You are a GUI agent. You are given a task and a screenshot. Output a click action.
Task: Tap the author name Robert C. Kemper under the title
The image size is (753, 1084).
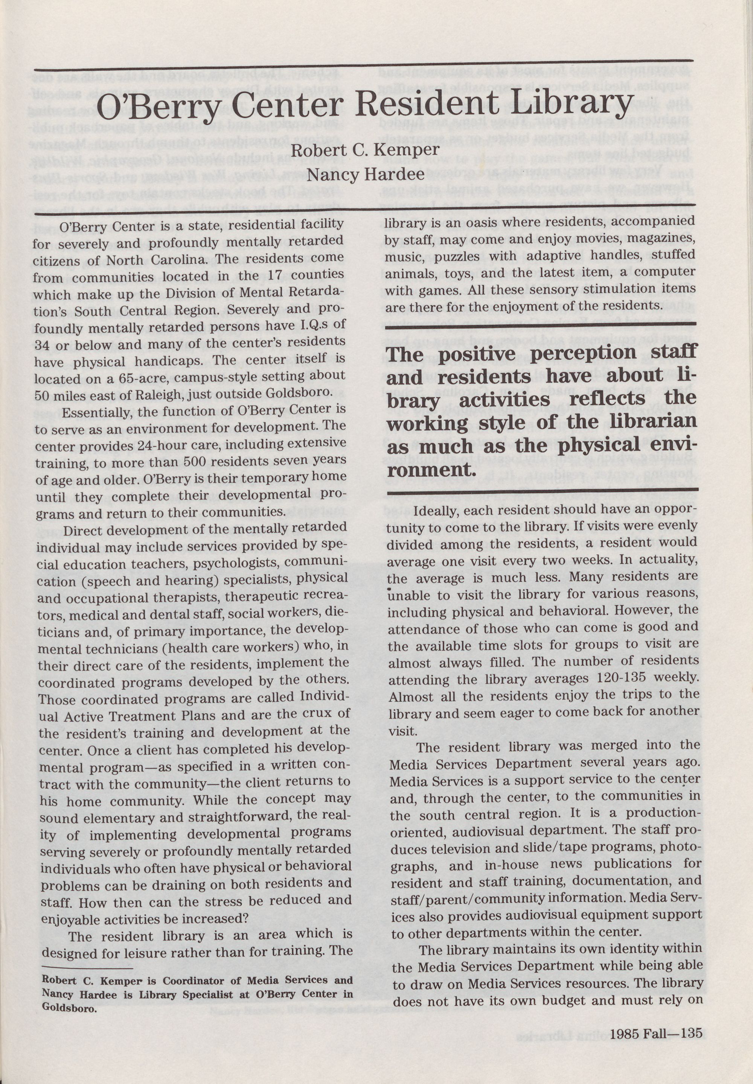click(x=365, y=151)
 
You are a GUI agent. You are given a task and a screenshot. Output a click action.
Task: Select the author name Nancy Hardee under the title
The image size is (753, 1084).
click(x=365, y=175)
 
